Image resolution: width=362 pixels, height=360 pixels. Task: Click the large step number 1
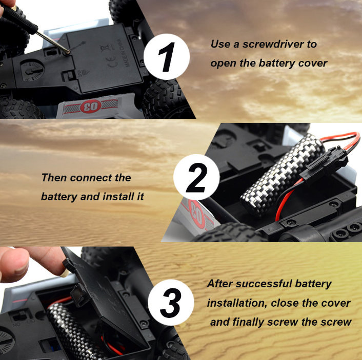(166, 57)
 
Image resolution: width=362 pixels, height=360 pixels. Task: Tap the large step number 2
(196, 178)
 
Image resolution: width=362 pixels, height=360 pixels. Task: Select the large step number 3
(170, 303)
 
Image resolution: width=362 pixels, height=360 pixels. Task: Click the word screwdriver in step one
(273, 44)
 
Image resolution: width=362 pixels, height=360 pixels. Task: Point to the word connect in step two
(91, 178)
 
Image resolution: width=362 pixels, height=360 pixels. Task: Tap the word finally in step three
(248, 322)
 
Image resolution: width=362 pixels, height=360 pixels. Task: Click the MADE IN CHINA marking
(124, 53)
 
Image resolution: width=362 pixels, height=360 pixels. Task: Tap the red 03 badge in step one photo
(91, 107)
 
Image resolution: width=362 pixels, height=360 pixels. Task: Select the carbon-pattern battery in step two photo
(281, 175)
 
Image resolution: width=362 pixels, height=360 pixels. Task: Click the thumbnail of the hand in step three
(64, 274)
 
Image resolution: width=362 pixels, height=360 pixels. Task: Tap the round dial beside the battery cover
(32, 70)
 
